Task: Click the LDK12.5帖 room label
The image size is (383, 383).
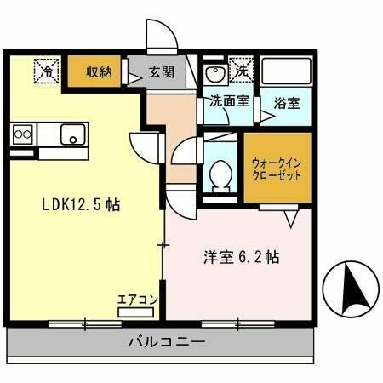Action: coord(81,205)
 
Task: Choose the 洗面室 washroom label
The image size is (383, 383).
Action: coord(227,101)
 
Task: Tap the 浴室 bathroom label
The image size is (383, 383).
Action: coord(287,104)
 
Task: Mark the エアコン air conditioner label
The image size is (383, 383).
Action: coord(138,300)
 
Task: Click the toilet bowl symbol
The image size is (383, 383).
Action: coord(222,174)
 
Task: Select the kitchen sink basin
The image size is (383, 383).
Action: coord(74,134)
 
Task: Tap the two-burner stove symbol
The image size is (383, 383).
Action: coord(23,134)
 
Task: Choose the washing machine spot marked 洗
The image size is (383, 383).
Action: coord(243,71)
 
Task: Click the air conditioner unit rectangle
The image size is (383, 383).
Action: coord(139,312)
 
